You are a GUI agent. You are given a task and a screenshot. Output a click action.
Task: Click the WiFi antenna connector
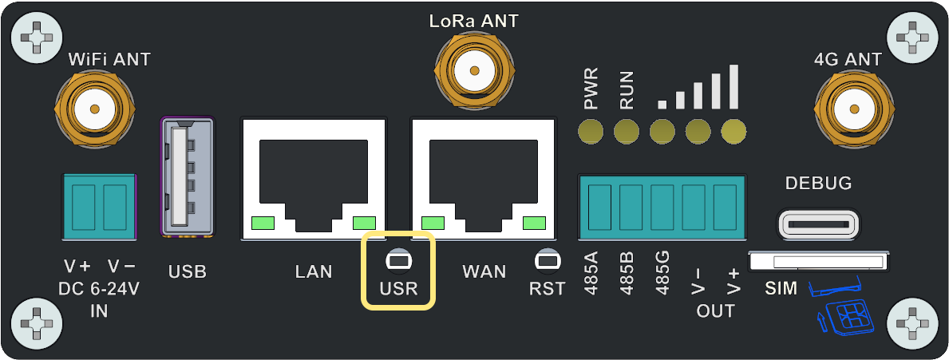tap(94, 108)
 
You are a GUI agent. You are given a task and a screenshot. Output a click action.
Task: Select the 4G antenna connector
tap(848, 108)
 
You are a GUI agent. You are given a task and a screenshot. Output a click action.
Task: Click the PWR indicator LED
tap(591, 130)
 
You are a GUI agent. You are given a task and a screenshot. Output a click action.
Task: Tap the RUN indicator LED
tap(627, 130)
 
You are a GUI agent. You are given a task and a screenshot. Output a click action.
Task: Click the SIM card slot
tap(818, 261)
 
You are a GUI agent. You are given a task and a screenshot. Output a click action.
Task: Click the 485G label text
tap(662, 274)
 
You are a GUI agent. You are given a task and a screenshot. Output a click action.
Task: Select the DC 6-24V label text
tap(99, 289)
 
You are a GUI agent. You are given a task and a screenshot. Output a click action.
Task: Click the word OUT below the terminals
tap(715, 311)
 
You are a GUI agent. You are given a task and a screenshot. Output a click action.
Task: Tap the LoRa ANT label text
tap(473, 22)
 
